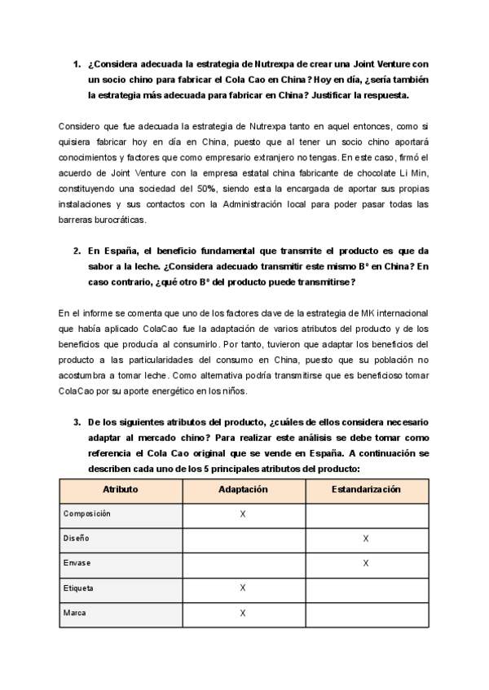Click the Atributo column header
pyautogui.click(x=120, y=490)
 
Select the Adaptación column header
pyautogui.click(x=243, y=490)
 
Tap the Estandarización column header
pyautogui.click(x=365, y=490)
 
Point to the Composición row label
pyautogui.click(x=86, y=514)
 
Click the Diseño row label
pyautogui.click(x=77, y=539)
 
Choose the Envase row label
pyautogui.click(x=77, y=563)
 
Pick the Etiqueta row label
pyautogui.click(x=78, y=587)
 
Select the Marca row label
pyautogui.click(x=75, y=612)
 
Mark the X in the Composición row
pyautogui.click(x=243, y=514)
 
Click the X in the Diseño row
pyautogui.click(x=365, y=539)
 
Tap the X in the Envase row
pyautogui.click(x=365, y=563)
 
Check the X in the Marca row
pyautogui.click(x=243, y=612)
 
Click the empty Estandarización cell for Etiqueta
pyautogui.click(x=365, y=587)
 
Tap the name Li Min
pyautogui.click(x=416, y=173)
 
